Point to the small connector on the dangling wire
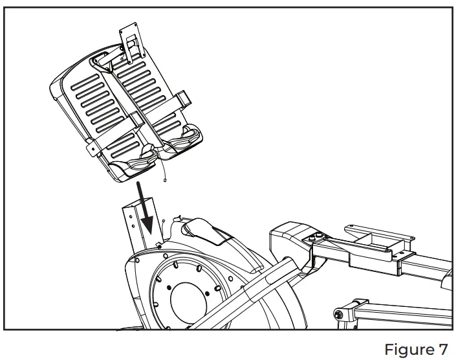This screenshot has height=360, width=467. [166, 181]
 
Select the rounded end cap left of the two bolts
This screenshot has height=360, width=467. [285, 236]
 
